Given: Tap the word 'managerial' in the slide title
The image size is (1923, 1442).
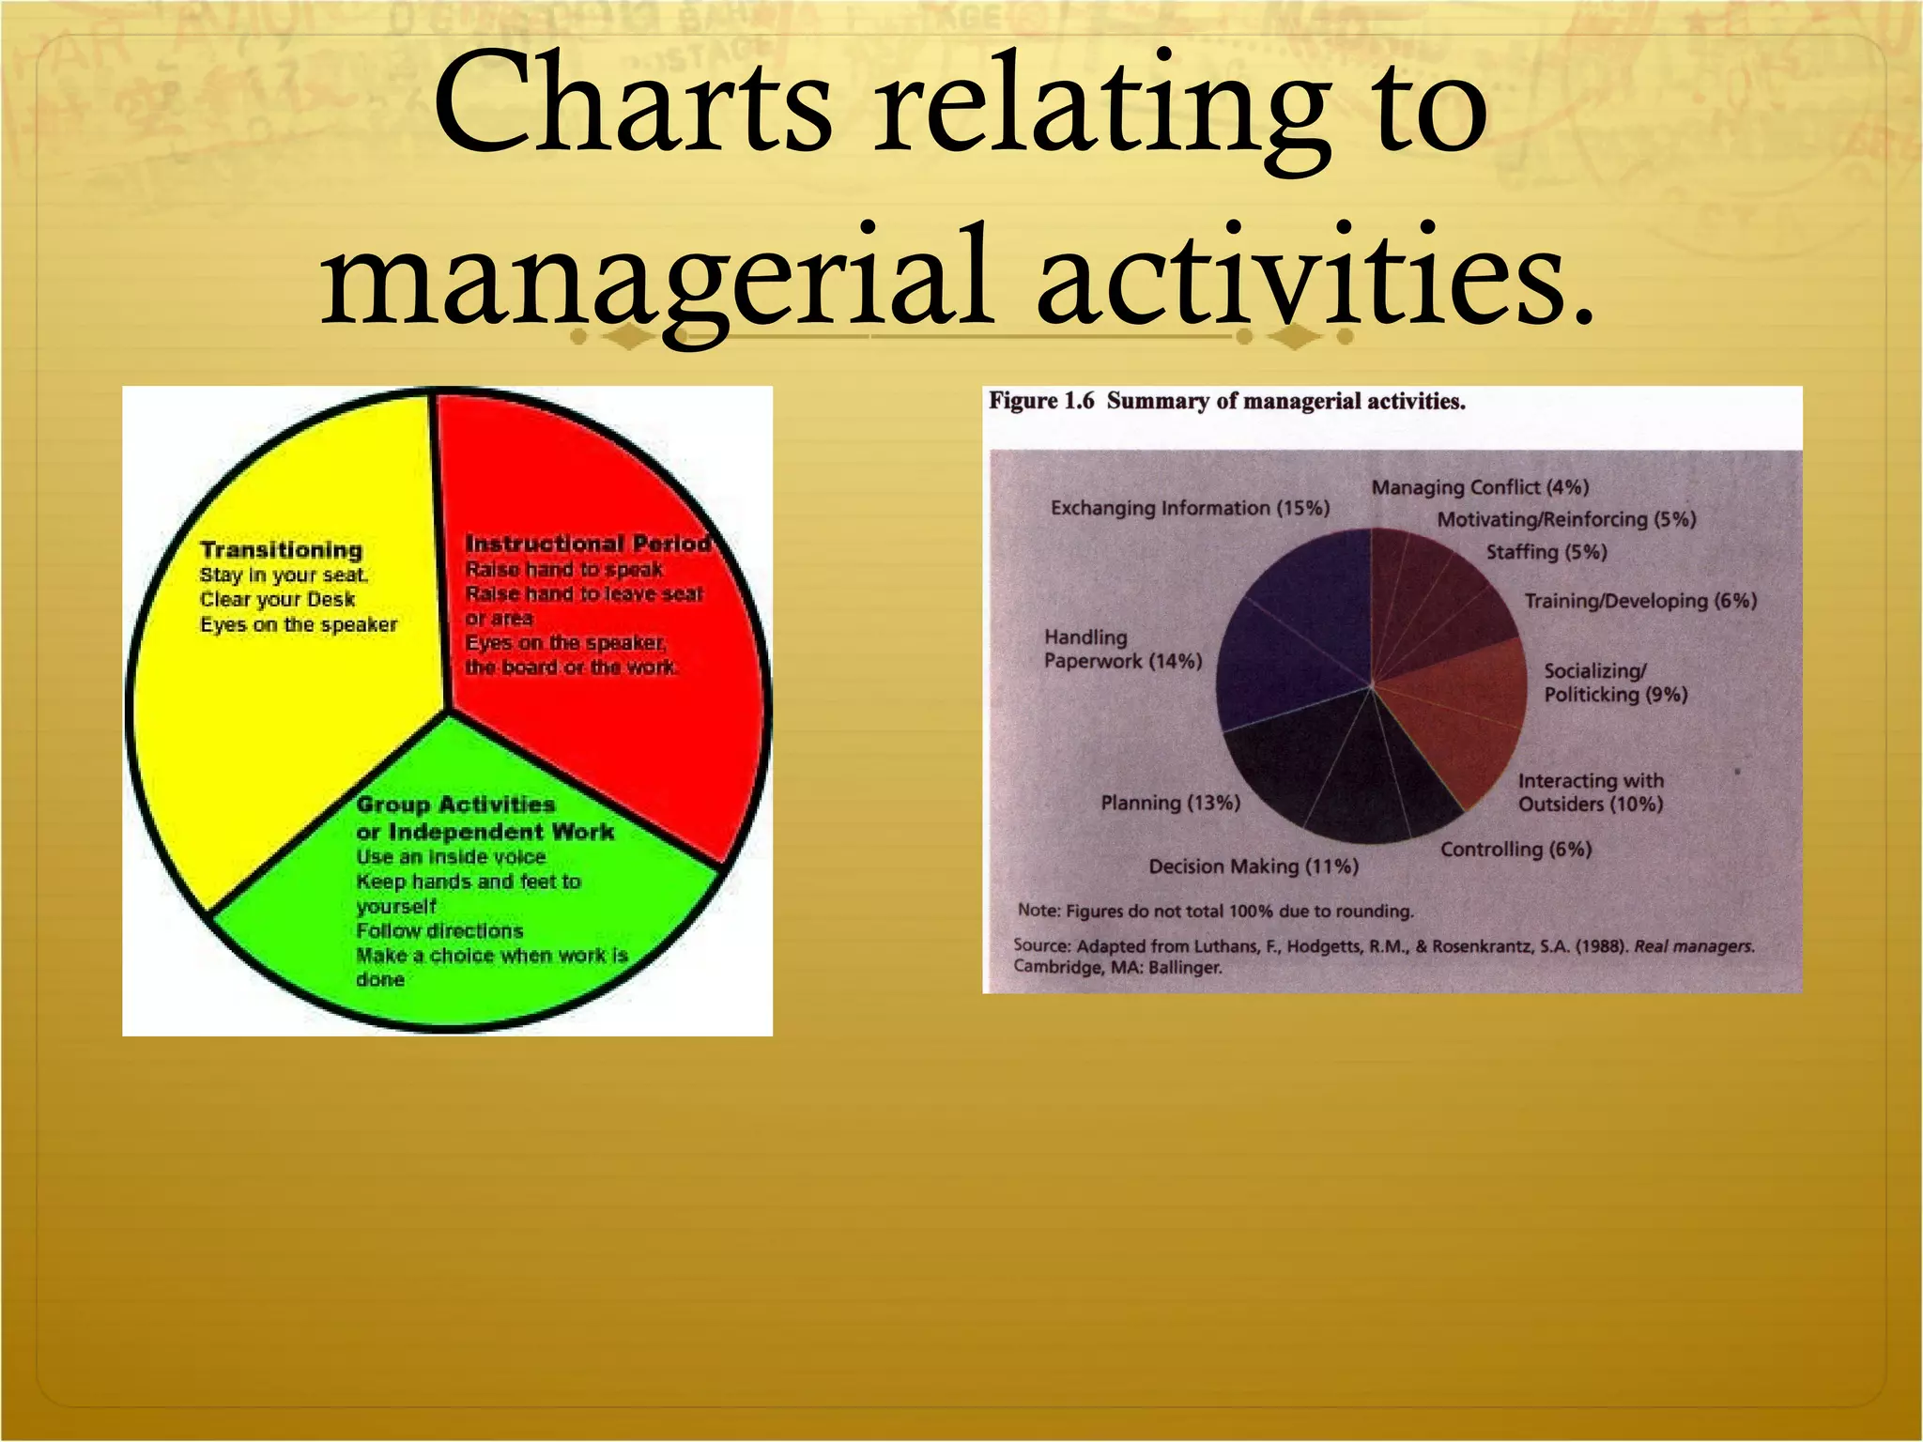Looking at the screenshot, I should [x=656, y=276].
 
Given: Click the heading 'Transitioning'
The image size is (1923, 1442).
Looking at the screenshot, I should [x=281, y=550].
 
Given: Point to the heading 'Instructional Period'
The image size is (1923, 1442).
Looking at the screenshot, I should [x=588, y=544].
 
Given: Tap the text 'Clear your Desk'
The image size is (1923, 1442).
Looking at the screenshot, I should [x=277, y=600].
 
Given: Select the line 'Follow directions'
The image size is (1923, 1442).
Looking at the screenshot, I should [x=439, y=931].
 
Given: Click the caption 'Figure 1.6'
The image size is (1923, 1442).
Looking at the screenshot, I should [x=1040, y=402].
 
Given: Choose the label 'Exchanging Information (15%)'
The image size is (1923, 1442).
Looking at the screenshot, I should [x=1190, y=509].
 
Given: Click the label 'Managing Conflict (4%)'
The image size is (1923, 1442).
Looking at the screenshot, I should [x=1480, y=487].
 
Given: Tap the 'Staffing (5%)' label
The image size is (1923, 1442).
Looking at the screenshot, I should [x=1546, y=552].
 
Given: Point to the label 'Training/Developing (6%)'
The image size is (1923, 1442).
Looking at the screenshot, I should [x=1639, y=601].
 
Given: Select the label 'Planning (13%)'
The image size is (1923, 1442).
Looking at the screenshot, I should [x=1170, y=803].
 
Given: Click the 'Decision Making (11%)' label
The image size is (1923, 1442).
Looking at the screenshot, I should [x=1254, y=867].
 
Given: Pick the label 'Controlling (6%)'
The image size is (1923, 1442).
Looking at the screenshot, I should [x=1515, y=850].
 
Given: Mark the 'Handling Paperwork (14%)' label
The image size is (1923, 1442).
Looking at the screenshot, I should [x=1122, y=650].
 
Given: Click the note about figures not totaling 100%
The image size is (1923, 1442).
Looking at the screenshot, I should [x=1215, y=912].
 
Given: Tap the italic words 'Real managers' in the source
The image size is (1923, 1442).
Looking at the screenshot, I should [x=1693, y=946].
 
